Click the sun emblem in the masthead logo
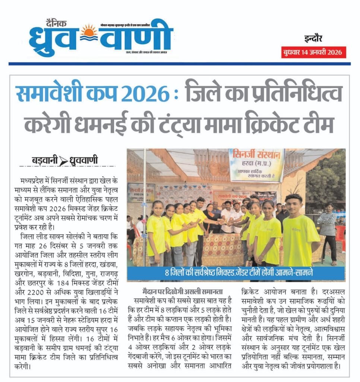[x=89, y=31]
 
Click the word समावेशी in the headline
[x=46, y=94]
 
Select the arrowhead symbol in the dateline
[x=64, y=161]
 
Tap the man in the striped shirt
[x=328, y=224]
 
